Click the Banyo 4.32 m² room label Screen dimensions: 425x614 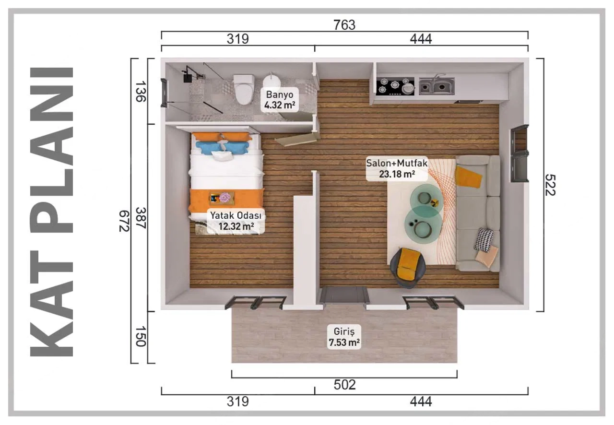coord(280,99)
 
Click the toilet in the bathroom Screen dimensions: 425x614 coord(244,89)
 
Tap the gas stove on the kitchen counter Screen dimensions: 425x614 coord(395,86)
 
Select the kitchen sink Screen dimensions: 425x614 coord(436,86)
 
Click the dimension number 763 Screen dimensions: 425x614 coord(344,25)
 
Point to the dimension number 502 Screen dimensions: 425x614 coord(344,385)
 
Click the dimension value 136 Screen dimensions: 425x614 coord(140,91)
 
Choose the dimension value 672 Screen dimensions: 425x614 coord(124,221)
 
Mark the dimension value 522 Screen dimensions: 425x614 coord(550,185)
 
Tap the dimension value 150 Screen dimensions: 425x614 coord(140,337)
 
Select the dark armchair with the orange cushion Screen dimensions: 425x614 coord(407,264)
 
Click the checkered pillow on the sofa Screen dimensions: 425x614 coord(484,240)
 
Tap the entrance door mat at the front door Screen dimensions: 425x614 coord(344,295)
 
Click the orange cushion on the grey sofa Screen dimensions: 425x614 coord(468,177)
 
